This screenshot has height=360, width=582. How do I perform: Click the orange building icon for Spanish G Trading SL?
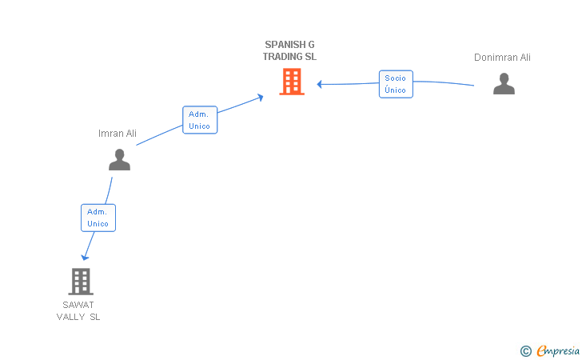point(292,82)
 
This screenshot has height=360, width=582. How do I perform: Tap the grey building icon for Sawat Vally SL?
point(81,282)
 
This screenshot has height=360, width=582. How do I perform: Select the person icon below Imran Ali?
point(119,160)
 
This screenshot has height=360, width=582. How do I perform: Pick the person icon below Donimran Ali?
point(504,84)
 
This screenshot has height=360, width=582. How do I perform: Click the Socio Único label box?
point(395,84)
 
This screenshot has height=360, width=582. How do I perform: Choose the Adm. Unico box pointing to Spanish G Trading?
point(199,120)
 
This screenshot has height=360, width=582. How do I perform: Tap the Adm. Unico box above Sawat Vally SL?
point(98,218)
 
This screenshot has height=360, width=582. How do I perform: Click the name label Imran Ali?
point(118,134)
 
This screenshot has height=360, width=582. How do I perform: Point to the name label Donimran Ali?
point(502,58)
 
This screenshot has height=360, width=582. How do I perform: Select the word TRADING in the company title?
point(282,57)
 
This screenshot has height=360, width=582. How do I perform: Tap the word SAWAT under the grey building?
point(78,305)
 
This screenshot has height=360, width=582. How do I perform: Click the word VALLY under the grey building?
point(70,317)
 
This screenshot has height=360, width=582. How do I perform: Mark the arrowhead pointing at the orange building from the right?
point(319,84)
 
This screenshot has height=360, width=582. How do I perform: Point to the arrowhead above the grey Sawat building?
point(84,258)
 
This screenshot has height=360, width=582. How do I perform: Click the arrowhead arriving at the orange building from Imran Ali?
point(260,97)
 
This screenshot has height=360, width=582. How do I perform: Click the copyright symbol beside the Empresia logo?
point(525,350)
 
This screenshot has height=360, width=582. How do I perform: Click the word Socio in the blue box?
point(395,78)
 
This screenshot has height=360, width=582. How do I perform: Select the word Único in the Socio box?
point(395,90)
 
